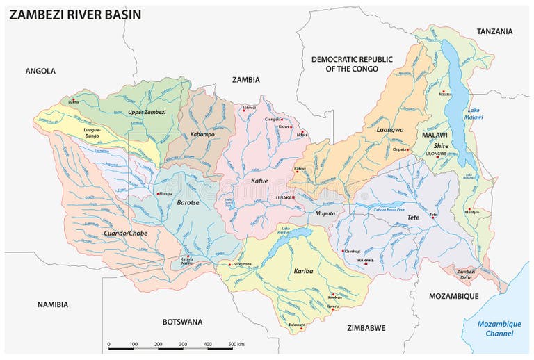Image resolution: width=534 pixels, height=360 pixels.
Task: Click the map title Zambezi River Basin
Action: click(74, 14)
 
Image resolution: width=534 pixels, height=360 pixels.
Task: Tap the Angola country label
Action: click(40, 71)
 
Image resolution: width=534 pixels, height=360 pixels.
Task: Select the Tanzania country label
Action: click(494, 31)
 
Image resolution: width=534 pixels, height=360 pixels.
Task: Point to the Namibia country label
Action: click(53, 304)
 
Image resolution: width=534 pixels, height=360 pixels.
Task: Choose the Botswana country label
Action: click(181, 322)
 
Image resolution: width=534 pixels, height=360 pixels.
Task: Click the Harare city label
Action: click(365, 260)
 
